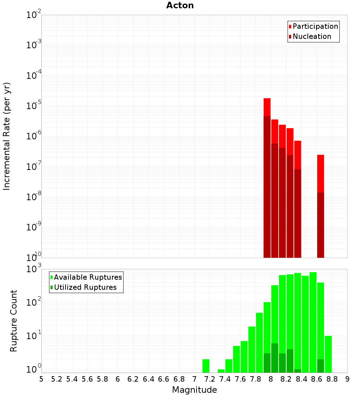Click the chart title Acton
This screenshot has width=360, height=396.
click(x=180, y=6)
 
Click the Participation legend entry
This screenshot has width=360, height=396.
click(x=315, y=26)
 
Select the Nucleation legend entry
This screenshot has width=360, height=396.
click(x=311, y=36)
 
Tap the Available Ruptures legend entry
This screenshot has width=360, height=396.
click(x=87, y=277)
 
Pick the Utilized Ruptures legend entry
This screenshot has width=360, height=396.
click(x=85, y=287)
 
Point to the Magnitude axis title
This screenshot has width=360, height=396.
click(x=194, y=390)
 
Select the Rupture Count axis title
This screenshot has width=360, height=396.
click(x=14, y=321)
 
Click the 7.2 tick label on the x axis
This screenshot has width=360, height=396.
click(x=210, y=379)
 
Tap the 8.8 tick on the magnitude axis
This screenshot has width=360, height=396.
click(x=332, y=379)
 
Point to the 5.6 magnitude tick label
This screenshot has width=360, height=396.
click(x=87, y=379)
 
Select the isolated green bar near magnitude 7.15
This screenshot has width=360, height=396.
click(x=206, y=366)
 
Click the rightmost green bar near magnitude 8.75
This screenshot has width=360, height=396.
click(x=328, y=354)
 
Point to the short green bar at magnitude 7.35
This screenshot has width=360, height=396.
click(x=221, y=371)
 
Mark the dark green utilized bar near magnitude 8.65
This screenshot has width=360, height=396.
click(x=320, y=366)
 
